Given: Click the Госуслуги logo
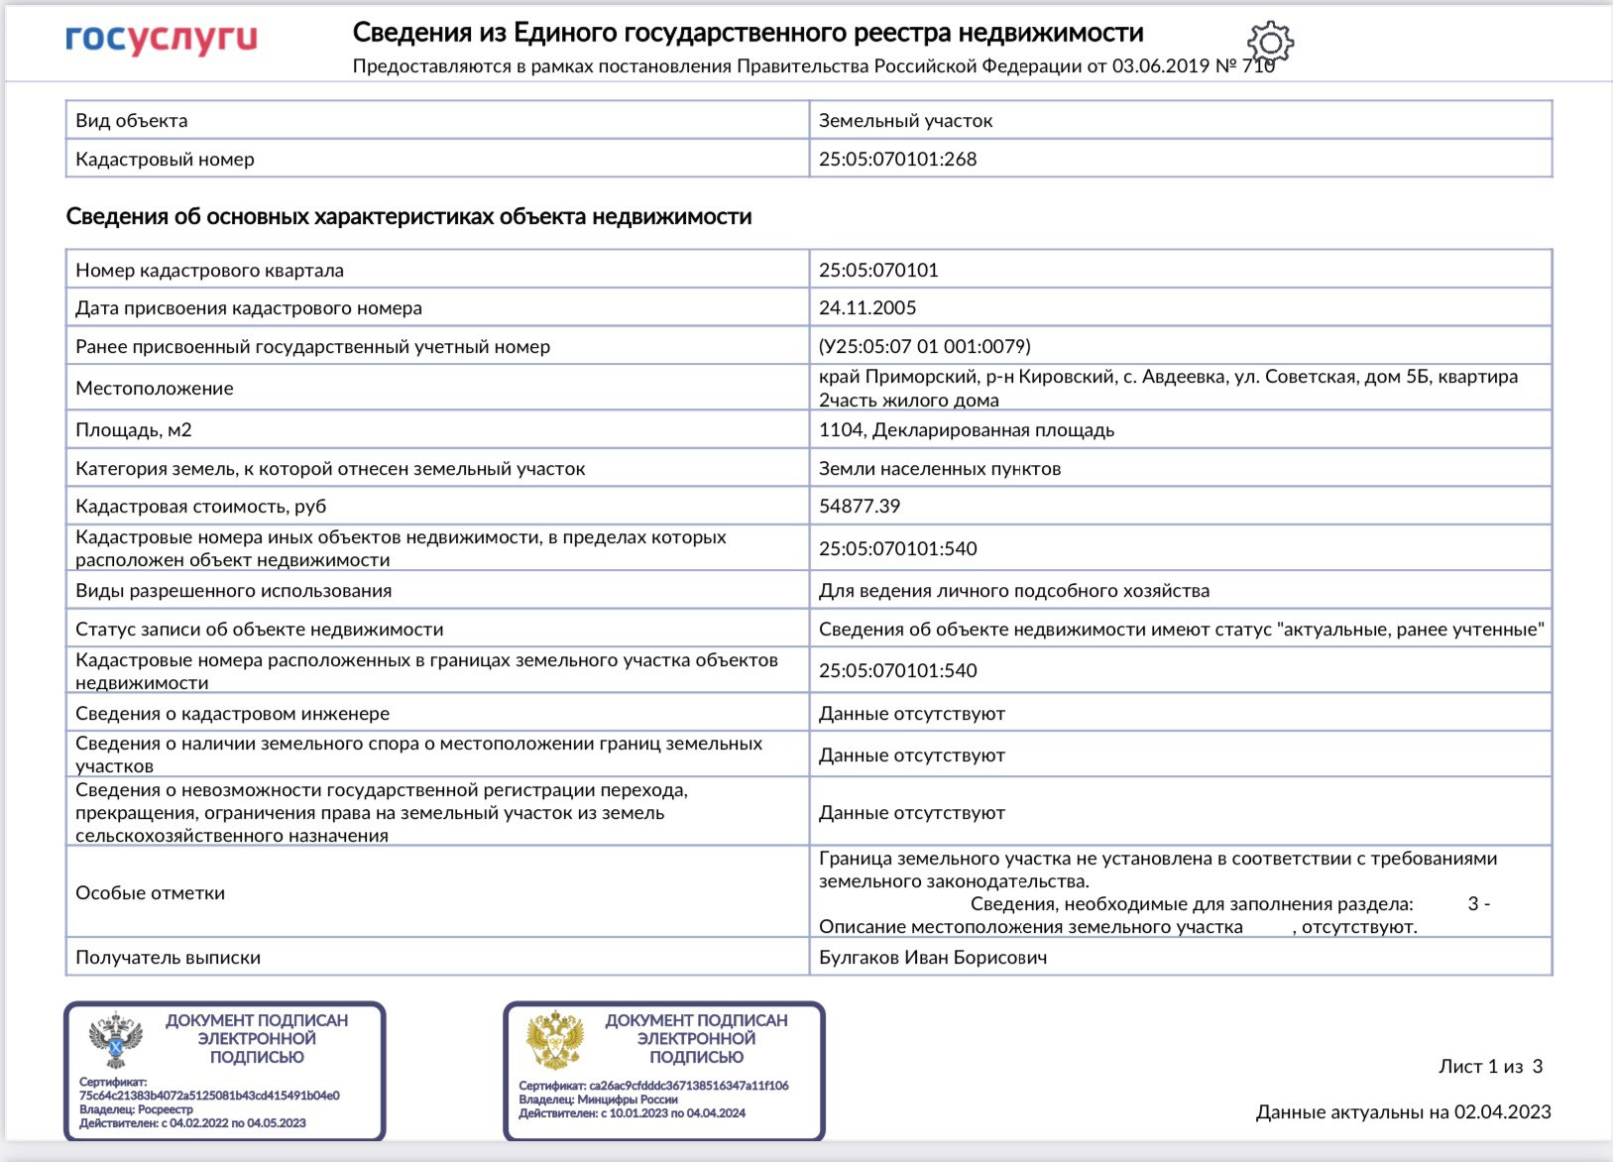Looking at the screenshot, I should tap(162, 40).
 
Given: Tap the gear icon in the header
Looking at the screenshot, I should tap(1270, 43).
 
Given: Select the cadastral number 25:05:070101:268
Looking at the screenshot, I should tap(897, 160).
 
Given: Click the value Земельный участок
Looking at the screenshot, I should tap(905, 121).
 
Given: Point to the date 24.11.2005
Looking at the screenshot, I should tap(867, 308).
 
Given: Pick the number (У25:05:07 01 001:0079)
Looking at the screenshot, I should tap(924, 347).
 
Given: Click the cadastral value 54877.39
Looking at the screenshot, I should tap(860, 507).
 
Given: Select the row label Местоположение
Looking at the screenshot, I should tap(155, 389).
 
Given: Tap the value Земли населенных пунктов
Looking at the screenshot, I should tap(939, 469).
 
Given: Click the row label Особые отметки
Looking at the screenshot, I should tap(151, 893).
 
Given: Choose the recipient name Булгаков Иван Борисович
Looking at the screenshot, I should tap(932, 958).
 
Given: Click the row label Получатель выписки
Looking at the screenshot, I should tap(169, 958).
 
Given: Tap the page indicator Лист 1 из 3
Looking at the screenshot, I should tap(1490, 1067).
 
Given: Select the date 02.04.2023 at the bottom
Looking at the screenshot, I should tap(1502, 1112).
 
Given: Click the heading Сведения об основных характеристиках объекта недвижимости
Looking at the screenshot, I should tap(408, 217).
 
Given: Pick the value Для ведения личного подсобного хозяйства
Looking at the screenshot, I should tap(1013, 591).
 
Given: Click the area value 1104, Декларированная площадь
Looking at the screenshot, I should tap(966, 430).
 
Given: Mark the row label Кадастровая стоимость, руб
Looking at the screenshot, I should tap(201, 507).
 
